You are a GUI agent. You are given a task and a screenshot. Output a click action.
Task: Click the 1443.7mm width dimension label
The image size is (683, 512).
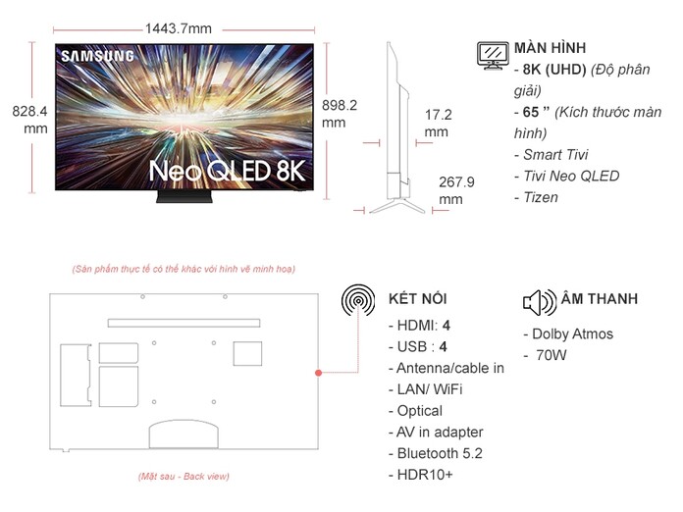(x=178, y=27)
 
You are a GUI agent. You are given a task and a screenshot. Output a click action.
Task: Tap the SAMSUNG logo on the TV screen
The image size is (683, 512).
(x=98, y=56)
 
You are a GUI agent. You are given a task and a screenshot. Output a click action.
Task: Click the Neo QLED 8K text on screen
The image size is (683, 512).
(x=227, y=171)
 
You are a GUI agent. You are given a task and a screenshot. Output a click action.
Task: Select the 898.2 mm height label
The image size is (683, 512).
(x=340, y=113)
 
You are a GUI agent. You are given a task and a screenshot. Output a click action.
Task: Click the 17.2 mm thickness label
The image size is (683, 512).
(x=438, y=123)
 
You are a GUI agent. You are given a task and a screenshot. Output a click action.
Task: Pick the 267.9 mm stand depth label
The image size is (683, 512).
(x=456, y=190)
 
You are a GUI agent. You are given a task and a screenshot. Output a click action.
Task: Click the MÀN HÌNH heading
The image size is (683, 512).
(x=551, y=47)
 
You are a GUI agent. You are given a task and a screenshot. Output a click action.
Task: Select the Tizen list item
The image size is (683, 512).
(x=536, y=197)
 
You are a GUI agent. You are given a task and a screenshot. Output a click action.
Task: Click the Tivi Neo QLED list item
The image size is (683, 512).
(x=566, y=176)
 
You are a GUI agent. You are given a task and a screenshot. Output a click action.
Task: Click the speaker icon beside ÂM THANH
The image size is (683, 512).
(x=539, y=300)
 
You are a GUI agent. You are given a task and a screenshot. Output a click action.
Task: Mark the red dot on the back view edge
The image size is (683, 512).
(x=318, y=373)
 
